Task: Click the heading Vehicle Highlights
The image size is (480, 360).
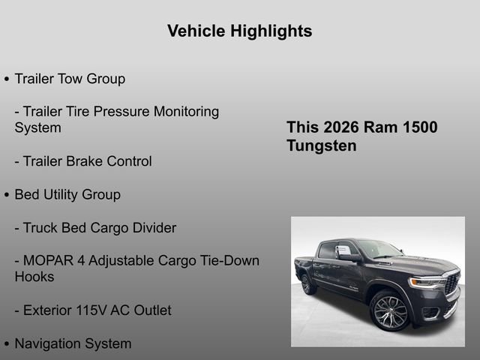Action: coord(239,31)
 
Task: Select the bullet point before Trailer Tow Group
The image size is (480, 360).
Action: coord(7,79)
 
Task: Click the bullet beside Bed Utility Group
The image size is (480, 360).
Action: coord(7,195)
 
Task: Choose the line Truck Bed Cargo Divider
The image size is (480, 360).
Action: coord(95,227)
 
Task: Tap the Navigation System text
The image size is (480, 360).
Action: coord(73,343)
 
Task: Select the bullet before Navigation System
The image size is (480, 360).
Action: coord(7,344)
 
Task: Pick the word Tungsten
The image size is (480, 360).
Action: coord(321,145)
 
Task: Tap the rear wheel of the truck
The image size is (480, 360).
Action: coord(307,283)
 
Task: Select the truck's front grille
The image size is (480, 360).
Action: coord(451,283)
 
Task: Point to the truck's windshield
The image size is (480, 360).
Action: coord(379,249)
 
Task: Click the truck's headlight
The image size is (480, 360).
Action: coord(426,283)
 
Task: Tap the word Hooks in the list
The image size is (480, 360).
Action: coord(34,277)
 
